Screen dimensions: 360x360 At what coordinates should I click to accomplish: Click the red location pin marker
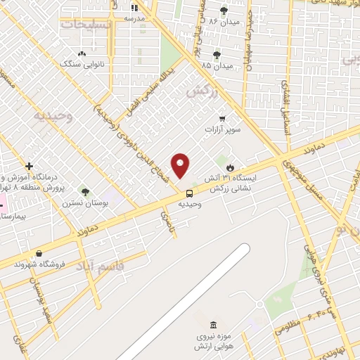click(181, 166)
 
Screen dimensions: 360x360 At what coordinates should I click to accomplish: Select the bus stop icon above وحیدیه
click(190, 193)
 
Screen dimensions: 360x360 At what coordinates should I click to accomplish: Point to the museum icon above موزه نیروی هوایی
click(212, 325)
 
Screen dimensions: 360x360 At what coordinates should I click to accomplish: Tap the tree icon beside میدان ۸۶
click(224, 11)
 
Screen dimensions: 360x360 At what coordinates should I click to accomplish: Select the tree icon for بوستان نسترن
click(85, 192)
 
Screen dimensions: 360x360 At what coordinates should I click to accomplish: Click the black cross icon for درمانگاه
click(29, 167)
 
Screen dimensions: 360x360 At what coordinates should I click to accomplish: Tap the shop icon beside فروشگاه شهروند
click(38, 253)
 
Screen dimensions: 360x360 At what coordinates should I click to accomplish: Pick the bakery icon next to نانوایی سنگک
click(82, 53)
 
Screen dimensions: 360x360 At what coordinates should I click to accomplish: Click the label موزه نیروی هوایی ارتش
click(214, 342)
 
